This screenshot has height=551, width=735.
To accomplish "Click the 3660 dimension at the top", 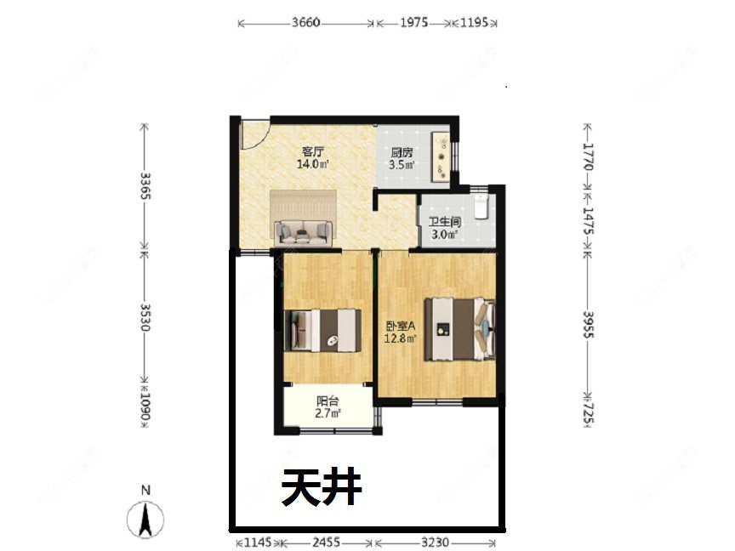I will point(305,23).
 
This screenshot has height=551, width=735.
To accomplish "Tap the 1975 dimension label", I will point(413,23).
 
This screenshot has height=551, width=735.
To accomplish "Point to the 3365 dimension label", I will point(145,186).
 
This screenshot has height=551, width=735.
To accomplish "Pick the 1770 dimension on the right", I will point(588,157).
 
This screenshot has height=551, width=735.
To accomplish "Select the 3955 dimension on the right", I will point(588,324).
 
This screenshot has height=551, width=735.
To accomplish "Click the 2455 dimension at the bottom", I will point(324,542).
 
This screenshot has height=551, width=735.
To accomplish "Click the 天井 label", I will point(322,488).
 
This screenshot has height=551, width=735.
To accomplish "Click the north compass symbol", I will point(146,514).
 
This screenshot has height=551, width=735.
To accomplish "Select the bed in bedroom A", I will point(459,328).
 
